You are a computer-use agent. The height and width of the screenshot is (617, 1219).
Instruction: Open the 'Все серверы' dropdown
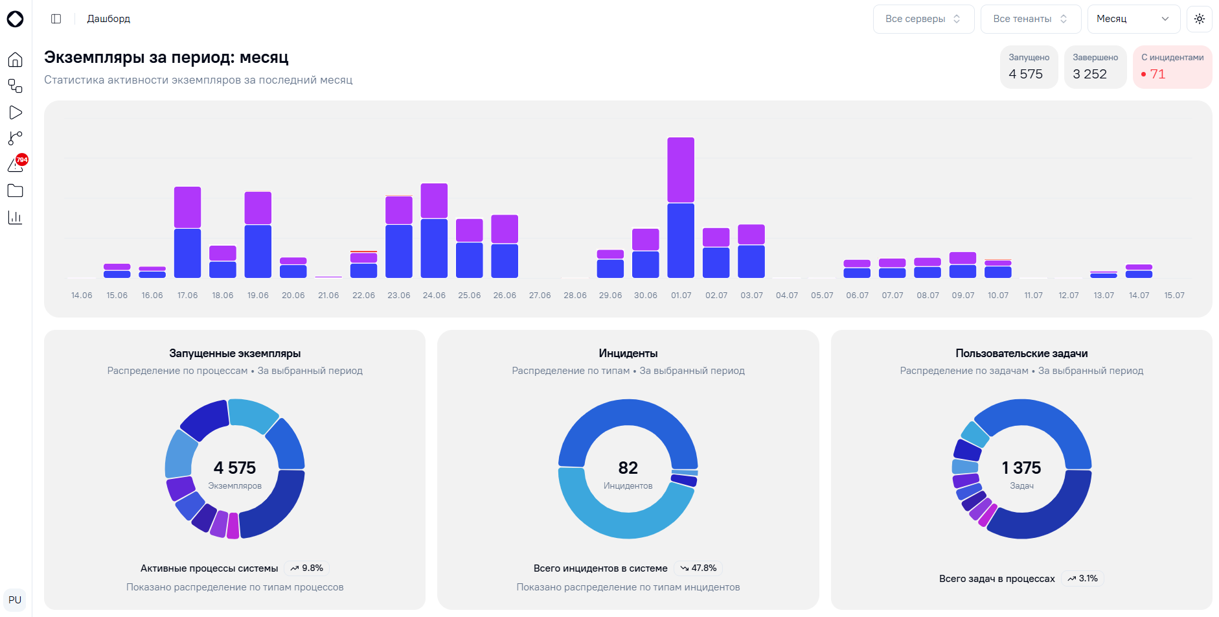tap(923, 19)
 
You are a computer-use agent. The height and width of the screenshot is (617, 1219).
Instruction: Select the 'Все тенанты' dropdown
tap(1031, 19)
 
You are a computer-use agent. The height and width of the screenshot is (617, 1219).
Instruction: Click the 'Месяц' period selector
tap(1134, 19)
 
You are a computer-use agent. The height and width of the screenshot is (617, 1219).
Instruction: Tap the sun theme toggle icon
tap(1200, 19)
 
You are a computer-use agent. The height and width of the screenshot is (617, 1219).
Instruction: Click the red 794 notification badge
tap(22, 159)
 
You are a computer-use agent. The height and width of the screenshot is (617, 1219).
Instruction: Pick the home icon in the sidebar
tap(15, 60)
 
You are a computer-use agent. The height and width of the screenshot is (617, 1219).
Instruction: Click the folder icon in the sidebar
tap(15, 191)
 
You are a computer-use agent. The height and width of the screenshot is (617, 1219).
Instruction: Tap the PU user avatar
tap(15, 600)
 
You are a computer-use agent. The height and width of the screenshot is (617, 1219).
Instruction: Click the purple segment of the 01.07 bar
tap(681, 170)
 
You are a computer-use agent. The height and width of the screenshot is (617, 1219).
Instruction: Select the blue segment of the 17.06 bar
tap(187, 253)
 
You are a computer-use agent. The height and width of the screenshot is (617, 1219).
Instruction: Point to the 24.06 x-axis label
tap(434, 296)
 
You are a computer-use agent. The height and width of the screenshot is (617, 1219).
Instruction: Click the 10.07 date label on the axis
tap(998, 296)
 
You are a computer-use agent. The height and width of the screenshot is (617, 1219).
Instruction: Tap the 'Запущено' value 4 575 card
tap(1029, 67)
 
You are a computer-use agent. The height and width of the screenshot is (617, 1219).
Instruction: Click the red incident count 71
tap(1157, 75)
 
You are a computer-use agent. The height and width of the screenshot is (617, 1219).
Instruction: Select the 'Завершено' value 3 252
tap(1090, 75)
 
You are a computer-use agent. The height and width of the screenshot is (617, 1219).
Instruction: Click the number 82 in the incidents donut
tap(628, 468)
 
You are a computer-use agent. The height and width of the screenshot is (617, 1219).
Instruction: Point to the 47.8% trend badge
tap(698, 568)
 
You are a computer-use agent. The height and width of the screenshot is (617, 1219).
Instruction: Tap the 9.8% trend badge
tap(306, 568)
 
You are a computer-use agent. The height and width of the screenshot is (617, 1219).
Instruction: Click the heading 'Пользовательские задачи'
tap(1021, 353)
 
